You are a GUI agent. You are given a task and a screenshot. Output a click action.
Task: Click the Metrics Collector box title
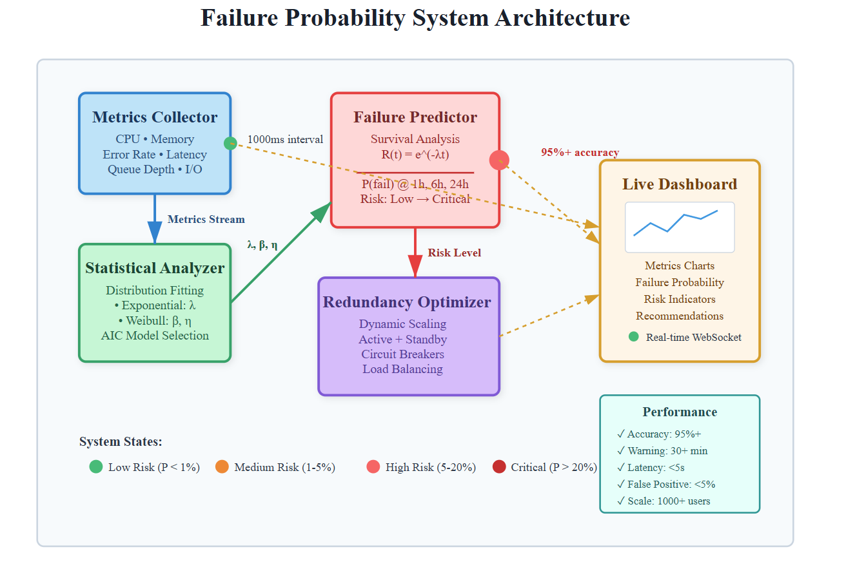point(155,117)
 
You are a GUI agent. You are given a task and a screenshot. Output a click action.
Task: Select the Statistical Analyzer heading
point(155,268)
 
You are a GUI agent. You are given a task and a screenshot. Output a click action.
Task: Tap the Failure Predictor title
point(415,117)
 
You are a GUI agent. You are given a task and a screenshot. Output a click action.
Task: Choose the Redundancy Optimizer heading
point(407,302)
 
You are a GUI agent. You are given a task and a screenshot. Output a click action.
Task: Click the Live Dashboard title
point(680,184)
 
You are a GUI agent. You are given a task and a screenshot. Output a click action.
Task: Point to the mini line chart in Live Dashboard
point(680,227)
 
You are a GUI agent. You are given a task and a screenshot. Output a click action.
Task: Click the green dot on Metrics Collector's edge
point(230,143)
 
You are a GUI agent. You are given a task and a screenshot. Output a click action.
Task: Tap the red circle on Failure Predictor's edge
point(499,160)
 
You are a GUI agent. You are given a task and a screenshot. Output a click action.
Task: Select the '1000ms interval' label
point(285,139)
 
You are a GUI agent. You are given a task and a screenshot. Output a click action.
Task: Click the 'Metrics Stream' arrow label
point(206,219)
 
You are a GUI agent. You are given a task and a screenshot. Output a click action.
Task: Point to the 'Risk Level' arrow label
point(455,253)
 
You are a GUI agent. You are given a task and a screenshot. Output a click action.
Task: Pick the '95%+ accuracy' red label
point(580,153)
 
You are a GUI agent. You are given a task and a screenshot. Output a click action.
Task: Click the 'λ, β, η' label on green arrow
point(262,245)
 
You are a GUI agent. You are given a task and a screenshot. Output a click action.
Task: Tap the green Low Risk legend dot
point(96,467)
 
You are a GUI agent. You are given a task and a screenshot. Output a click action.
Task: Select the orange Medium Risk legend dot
point(222,467)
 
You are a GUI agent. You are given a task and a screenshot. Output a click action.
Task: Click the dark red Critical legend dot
point(499,467)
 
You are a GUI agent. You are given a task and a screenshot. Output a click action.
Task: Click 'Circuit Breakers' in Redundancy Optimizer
point(403,354)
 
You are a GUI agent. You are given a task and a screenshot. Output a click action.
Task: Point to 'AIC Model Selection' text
point(155,336)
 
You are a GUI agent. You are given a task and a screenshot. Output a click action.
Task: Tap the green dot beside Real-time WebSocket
point(634,336)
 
